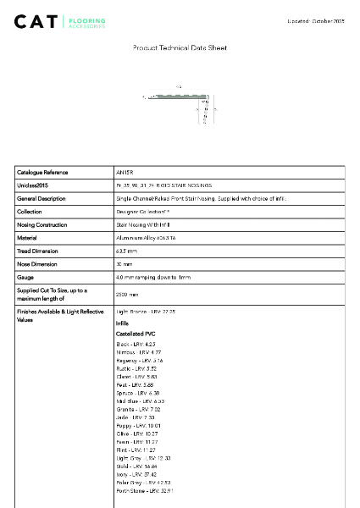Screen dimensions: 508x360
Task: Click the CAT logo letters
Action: coord(38,21)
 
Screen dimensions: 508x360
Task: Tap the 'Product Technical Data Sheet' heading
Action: coord(180,49)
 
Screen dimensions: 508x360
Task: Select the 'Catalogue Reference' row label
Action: coord(42,172)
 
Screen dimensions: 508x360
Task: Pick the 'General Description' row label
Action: coord(42,198)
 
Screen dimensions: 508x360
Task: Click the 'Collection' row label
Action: coord(30,212)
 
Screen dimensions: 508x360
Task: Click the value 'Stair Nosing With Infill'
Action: coord(144,225)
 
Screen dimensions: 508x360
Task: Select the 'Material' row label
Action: coord(28,238)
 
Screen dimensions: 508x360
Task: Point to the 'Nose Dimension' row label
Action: coord(38,264)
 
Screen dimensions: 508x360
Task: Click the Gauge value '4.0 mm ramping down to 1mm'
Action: coord(153,278)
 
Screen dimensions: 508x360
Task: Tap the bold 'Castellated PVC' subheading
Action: coord(136,334)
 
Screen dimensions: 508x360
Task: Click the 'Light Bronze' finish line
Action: coord(145,312)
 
